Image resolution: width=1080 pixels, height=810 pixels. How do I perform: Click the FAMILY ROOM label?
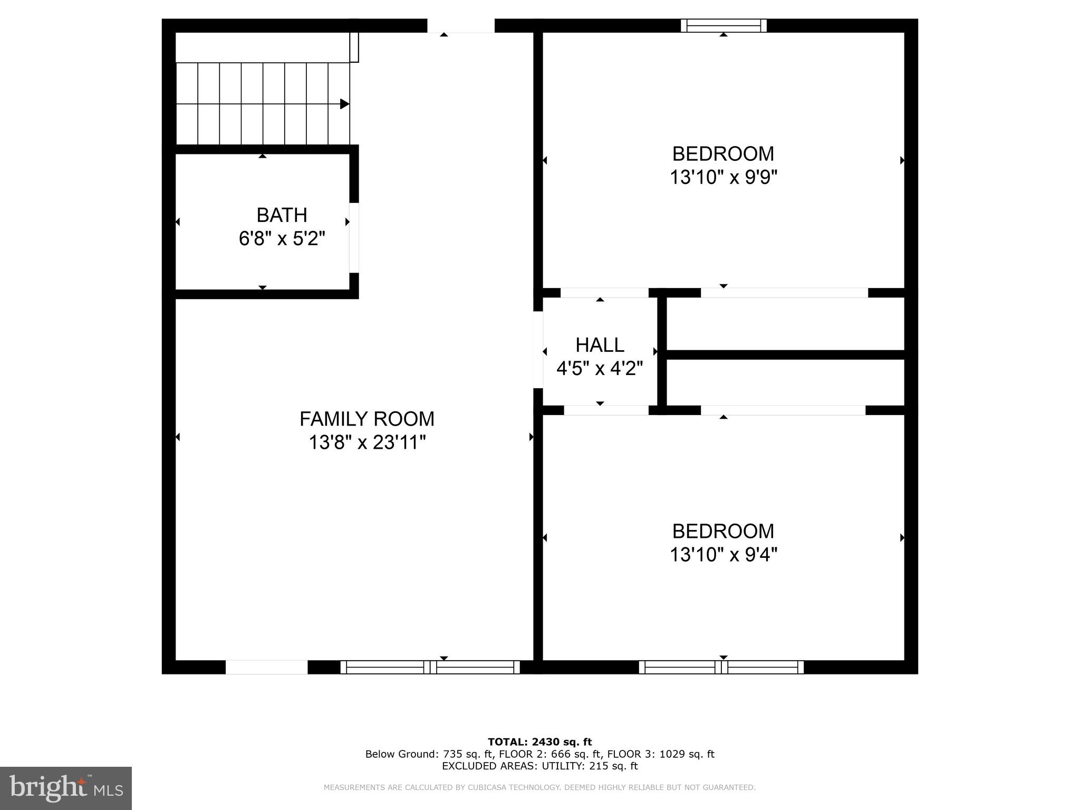click(x=367, y=419)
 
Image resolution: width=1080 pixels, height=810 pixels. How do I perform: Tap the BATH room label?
click(x=282, y=215)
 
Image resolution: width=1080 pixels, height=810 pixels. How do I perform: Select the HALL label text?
click(x=600, y=345)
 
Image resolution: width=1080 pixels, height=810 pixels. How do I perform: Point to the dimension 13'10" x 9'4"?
click(x=724, y=555)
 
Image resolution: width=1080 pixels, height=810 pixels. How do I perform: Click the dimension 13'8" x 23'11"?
click(x=367, y=442)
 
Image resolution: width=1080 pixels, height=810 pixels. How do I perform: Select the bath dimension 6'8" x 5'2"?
click(x=282, y=239)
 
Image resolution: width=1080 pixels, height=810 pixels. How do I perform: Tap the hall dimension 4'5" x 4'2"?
click(x=600, y=368)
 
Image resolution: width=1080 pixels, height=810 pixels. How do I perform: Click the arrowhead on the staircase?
click(x=344, y=104)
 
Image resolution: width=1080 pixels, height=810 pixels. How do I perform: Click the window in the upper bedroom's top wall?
click(x=724, y=25)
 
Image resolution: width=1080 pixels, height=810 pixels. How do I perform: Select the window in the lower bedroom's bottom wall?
click(x=721, y=667)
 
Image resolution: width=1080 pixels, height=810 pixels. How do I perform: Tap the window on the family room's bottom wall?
click(x=430, y=667)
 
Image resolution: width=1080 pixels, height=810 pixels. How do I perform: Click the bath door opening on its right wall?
click(x=354, y=237)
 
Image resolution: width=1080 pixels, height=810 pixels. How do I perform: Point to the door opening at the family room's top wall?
click(x=460, y=25)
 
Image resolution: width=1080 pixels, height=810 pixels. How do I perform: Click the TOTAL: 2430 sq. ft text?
click(x=539, y=742)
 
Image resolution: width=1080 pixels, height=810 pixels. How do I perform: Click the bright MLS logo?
click(x=66, y=788)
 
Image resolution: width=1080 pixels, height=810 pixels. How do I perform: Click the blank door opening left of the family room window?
click(x=266, y=667)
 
